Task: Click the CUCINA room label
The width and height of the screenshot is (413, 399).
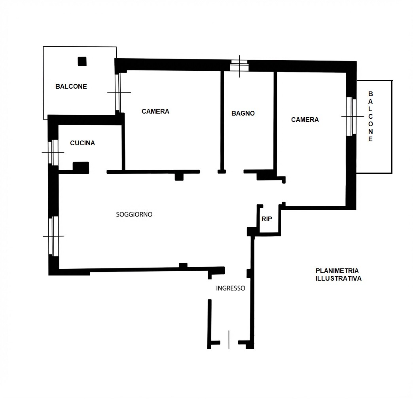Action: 82,143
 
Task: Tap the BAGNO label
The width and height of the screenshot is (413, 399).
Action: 243,113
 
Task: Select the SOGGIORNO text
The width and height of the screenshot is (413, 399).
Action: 134,214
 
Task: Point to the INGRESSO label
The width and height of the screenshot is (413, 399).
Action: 231,288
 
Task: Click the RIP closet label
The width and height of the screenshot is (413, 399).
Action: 267,219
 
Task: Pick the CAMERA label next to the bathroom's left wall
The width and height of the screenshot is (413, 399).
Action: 155,112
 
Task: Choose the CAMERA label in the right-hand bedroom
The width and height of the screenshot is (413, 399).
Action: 305,120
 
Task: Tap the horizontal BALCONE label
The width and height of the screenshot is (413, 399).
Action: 71,86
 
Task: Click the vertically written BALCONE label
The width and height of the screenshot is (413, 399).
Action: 370,116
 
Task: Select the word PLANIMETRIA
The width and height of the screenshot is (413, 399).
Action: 337,271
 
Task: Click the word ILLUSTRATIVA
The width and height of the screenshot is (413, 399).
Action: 339,278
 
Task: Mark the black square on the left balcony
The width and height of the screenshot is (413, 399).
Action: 82,61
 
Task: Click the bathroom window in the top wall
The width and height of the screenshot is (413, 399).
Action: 239,66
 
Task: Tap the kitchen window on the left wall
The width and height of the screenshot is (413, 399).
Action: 53,152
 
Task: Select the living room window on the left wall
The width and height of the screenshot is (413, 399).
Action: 53,236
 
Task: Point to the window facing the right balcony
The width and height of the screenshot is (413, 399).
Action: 351,116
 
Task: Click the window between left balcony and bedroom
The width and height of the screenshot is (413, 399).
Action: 118,92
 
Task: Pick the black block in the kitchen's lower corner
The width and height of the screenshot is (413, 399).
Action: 81,167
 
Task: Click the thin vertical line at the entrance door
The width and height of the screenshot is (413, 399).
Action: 229,340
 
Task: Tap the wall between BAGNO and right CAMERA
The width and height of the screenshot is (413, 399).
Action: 275,121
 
